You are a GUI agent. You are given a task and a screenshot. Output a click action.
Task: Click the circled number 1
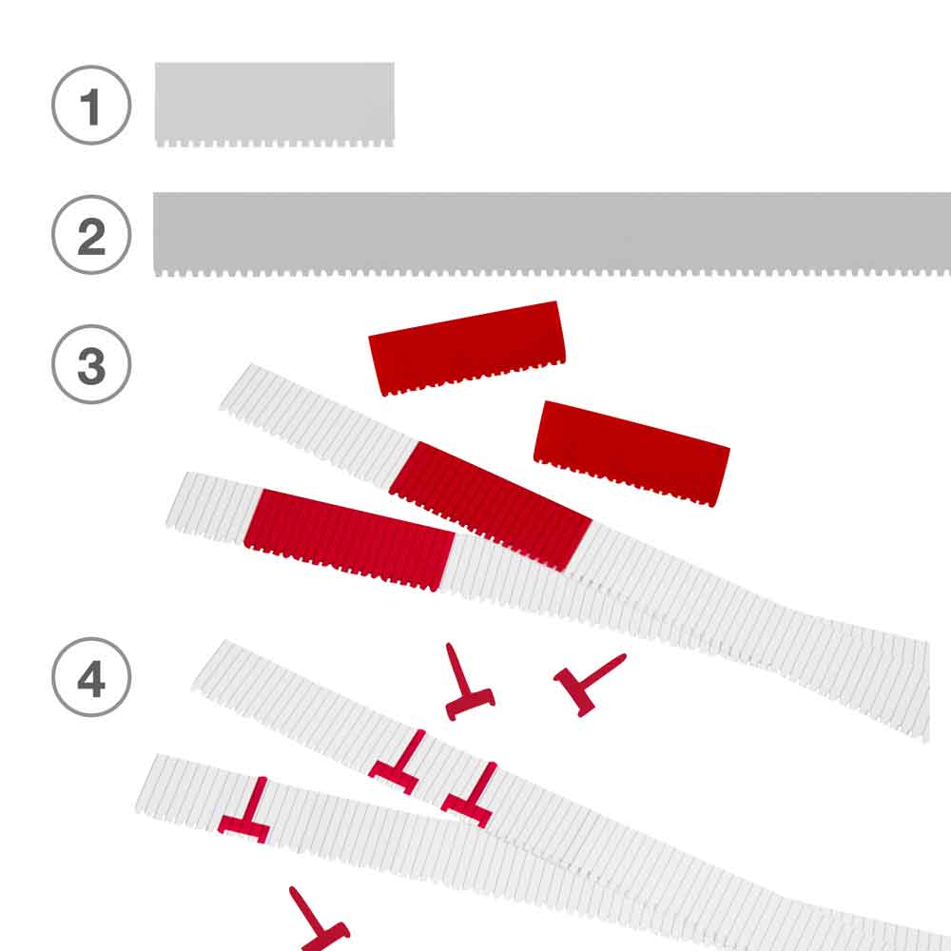(x=91, y=105)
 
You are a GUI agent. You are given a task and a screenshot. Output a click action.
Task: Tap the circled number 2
(x=91, y=235)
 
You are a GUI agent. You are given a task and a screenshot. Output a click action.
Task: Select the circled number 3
(x=91, y=364)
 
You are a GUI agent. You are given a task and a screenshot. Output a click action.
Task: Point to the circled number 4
(x=91, y=677)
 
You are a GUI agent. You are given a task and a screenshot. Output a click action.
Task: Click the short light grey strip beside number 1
(x=275, y=104)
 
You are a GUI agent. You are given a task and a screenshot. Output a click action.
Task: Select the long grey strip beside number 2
(x=552, y=234)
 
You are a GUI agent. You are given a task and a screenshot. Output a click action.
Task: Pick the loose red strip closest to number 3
(x=467, y=348)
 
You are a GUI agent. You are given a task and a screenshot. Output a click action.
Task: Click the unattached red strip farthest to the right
(x=631, y=453)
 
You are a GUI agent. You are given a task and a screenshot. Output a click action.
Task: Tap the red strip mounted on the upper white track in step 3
(x=490, y=506)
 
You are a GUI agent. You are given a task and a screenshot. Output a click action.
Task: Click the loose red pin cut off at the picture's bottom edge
(x=319, y=920)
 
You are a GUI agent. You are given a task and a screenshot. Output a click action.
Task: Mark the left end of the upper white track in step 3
(x=235, y=388)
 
